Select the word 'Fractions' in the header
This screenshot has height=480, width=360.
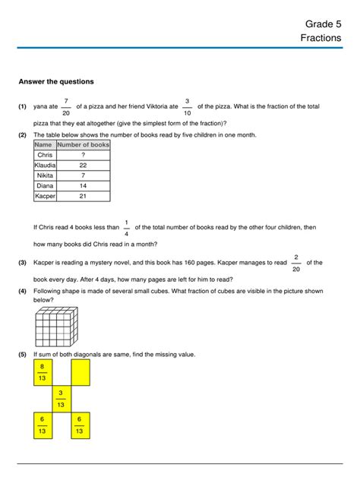pos(321,37)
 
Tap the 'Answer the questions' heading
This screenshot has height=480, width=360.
pos(56,81)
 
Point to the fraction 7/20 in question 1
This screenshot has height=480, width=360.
pos(66,107)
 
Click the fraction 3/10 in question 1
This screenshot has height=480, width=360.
pos(187,107)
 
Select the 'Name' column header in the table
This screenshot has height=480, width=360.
pos(44,144)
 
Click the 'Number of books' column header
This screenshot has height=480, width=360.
pos(84,144)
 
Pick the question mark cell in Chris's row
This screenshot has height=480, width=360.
pos(84,155)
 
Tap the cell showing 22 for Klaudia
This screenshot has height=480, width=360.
pos(84,165)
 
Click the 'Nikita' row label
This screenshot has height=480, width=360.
pos(44,175)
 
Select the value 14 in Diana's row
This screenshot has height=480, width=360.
pos(84,185)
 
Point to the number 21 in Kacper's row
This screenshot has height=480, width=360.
pos(84,196)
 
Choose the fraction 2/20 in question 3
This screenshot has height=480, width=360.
pos(296,263)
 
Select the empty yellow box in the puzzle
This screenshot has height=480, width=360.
pos(80,372)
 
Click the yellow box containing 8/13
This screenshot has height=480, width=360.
pos(41,372)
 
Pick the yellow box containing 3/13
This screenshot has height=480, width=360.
pos(61,399)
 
